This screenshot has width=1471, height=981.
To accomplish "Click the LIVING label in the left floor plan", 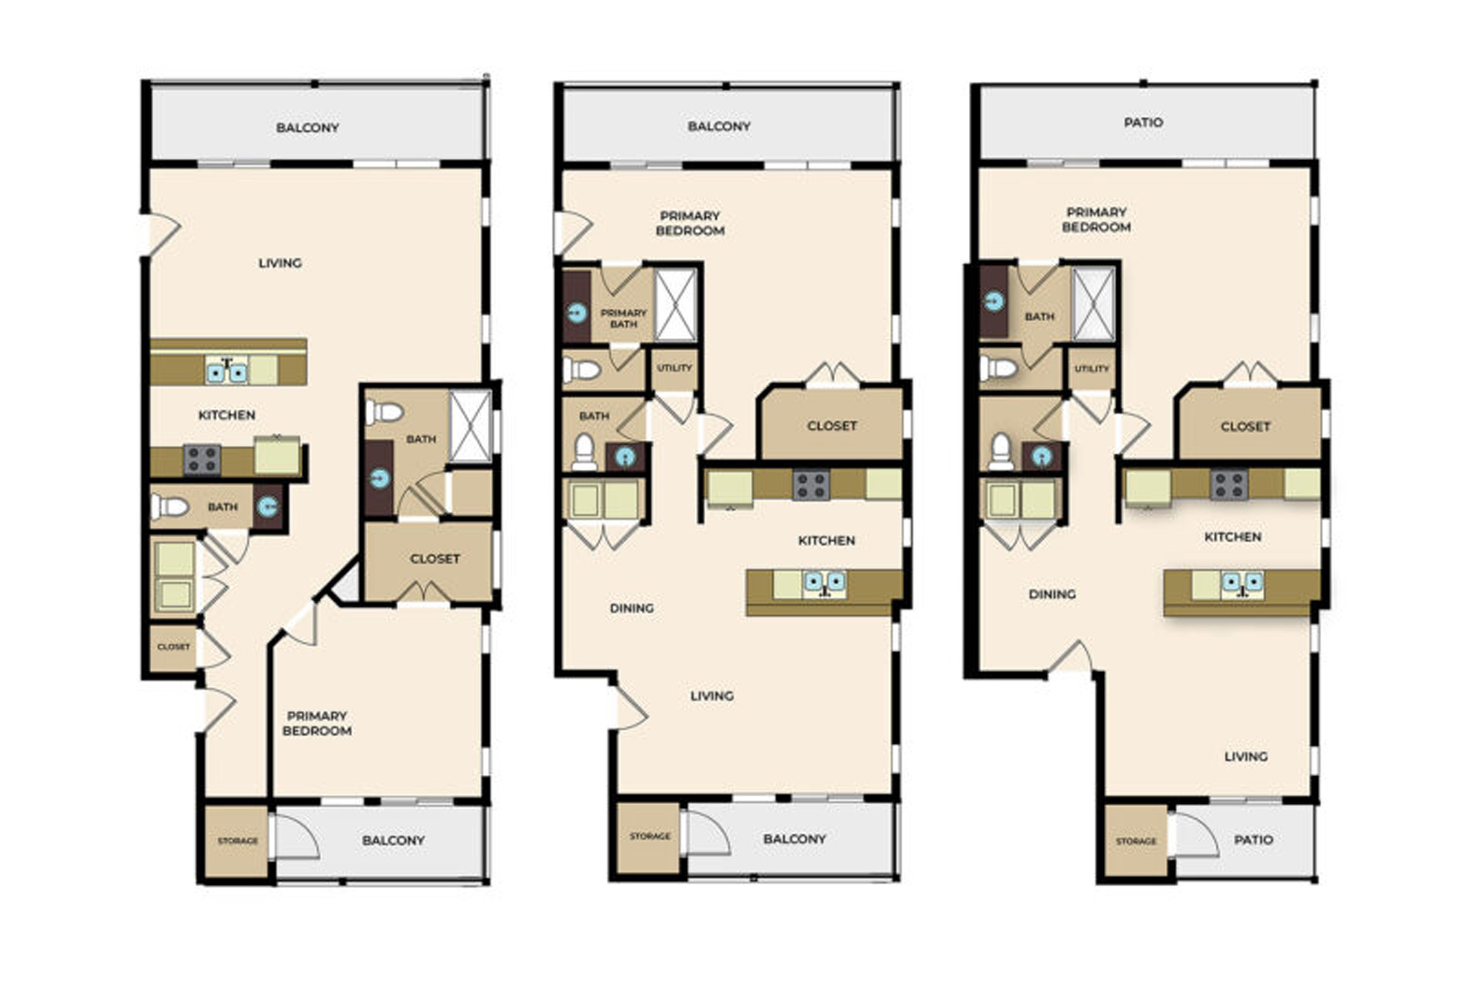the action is pyautogui.click(x=280, y=264).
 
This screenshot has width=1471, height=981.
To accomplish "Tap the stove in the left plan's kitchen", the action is pyautogui.click(x=202, y=460).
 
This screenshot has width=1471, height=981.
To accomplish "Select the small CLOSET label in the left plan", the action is pyautogui.click(x=174, y=647).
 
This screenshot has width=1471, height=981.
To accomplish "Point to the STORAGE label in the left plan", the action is pyautogui.click(x=238, y=841).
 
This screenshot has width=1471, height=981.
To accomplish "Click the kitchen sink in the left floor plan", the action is pyautogui.click(x=227, y=371).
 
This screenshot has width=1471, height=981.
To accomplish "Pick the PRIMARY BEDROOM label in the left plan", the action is pyautogui.click(x=317, y=723).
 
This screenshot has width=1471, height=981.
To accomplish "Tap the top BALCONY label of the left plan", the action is pyautogui.click(x=307, y=128).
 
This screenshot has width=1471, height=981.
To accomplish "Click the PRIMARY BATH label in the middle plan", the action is pyautogui.click(x=623, y=318).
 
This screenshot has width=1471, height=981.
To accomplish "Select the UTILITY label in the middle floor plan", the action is pyautogui.click(x=674, y=368).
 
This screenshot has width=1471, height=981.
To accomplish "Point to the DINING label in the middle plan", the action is pyautogui.click(x=632, y=608).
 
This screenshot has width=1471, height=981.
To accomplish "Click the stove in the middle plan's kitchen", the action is pyautogui.click(x=812, y=485).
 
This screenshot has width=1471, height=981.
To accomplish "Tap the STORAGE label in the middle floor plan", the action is pyautogui.click(x=650, y=837).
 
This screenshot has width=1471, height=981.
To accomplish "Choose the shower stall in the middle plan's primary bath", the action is pyautogui.click(x=676, y=305).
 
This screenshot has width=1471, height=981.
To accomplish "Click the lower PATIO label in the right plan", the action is pyautogui.click(x=1253, y=840).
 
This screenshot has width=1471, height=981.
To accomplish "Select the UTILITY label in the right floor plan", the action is pyautogui.click(x=1092, y=368).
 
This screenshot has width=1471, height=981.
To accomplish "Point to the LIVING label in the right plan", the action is pyautogui.click(x=1246, y=757).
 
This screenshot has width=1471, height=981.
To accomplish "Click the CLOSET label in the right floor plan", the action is pyautogui.click(x=1245, y=427).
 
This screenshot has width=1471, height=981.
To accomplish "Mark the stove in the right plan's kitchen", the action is pyautogui.click(x=1229, y=485).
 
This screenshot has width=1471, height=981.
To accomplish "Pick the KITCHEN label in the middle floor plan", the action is pyautogui.click(x=827, y=541).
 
